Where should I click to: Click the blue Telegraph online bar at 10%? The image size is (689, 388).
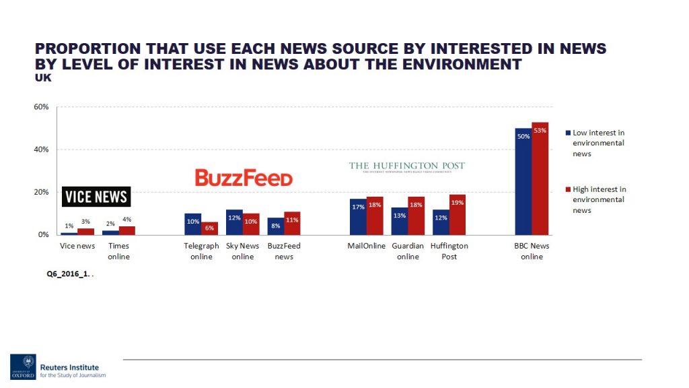pos(192,224)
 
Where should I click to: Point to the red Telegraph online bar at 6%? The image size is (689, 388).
pos(209,228)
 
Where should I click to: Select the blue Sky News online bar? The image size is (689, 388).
pos(234,222)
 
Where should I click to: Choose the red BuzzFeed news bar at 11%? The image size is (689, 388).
pos(292,223)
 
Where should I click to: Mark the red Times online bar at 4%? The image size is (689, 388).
pos(127,230)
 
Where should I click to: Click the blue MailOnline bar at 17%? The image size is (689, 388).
pos(358,217)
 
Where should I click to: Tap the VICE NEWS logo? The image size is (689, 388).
pos(97,197)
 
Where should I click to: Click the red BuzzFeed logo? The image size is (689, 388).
pos(244,178)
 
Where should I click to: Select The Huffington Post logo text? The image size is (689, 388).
pos(407,166)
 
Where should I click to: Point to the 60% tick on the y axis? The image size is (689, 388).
pos(42,107)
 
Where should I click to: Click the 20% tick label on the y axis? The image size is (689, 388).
pos(42,193)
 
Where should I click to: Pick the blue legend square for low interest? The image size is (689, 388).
pos(568,133)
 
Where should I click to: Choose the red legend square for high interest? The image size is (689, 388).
pos(568,189)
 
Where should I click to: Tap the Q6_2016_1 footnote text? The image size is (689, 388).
pos(66,274)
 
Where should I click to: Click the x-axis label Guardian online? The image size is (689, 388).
pos(408,251)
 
